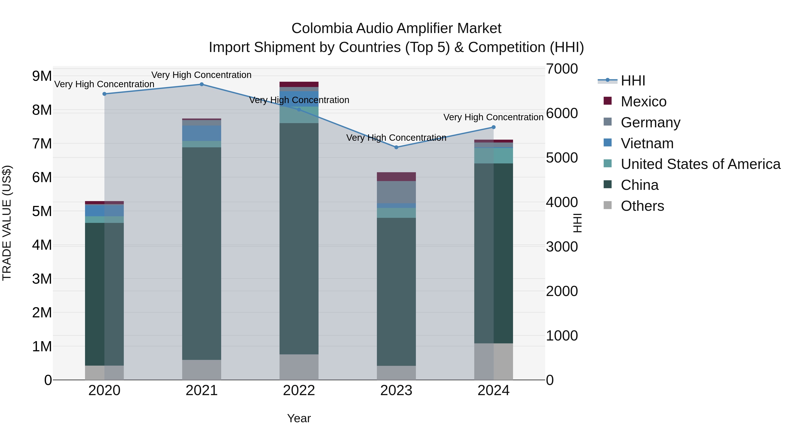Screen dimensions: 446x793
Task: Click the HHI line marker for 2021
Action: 202,84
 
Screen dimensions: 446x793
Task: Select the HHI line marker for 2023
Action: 396,147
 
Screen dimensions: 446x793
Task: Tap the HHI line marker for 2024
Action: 493,127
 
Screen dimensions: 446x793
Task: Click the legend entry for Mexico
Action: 643,102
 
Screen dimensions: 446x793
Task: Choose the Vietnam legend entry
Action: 647,143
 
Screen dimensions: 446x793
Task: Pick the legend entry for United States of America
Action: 700,164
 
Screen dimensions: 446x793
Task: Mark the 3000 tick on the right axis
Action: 562,247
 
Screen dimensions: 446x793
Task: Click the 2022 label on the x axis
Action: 299,390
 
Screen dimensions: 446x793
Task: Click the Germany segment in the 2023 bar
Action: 396,192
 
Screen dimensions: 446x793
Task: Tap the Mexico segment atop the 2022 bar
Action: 299,84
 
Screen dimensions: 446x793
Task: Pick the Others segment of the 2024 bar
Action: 493,361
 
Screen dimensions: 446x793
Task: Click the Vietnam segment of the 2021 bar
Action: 202,133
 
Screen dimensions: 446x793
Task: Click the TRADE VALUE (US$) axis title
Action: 7,223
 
